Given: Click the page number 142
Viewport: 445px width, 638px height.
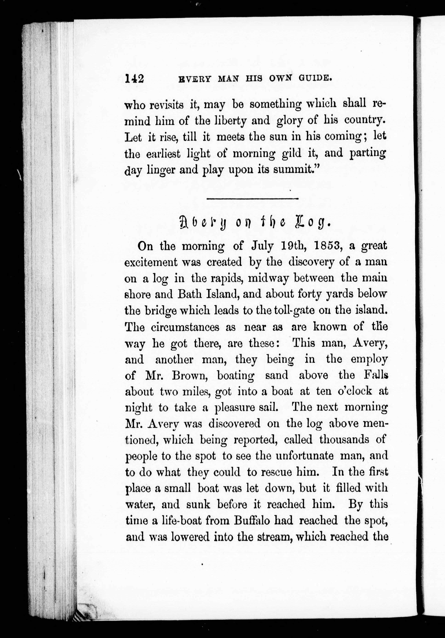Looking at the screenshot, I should coord(135,79).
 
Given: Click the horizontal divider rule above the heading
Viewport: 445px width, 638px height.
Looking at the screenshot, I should coord(253,198).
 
